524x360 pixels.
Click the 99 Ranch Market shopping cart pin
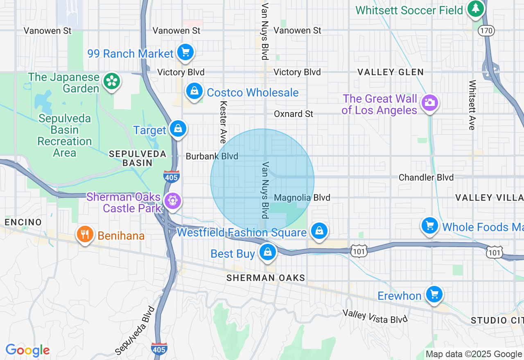click(185, 52)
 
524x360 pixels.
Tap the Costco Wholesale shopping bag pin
click(194, 91)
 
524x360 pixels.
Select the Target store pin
click(178, 129)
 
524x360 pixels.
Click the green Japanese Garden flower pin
click(111, 81)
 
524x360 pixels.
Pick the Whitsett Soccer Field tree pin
click(475, 9)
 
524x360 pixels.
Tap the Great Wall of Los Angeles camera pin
click(429, 103)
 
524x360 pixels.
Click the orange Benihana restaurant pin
click(85, 234)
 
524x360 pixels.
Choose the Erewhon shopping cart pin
click(434, 295)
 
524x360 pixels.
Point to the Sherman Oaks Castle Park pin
click(173, 201)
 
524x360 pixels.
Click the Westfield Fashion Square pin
click(319, 231)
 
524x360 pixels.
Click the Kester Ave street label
click(223, 122)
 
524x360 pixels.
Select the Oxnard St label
click(294, 114)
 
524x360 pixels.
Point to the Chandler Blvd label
click(426, 177)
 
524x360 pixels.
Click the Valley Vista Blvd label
click(375, 316)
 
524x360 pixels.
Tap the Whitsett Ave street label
click(472, 105)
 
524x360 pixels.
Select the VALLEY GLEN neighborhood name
click(391, 72)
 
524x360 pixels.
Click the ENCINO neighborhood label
click(23, 222)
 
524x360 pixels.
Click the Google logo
click(27, 350)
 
